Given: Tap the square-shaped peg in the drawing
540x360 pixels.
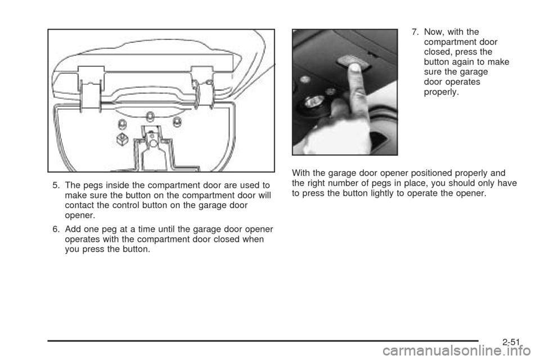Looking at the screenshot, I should click(x=119, y=138).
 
